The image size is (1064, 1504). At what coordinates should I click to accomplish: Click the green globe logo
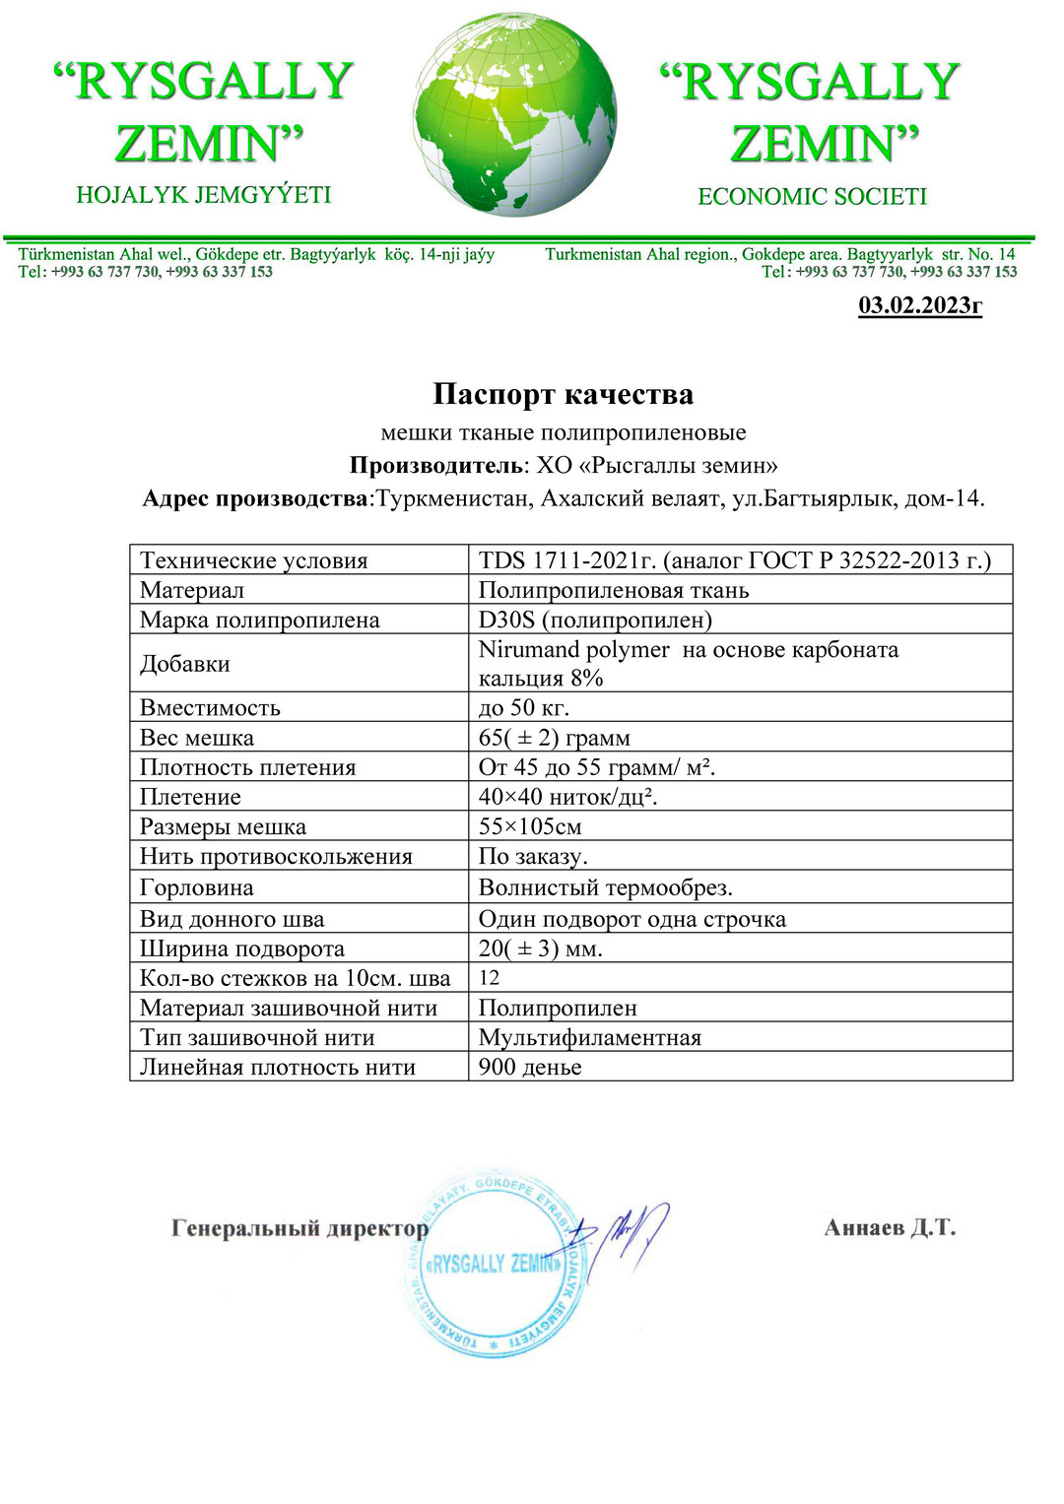[x=515, y=115]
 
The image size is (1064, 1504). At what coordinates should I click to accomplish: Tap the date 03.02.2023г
[x=920, y=305]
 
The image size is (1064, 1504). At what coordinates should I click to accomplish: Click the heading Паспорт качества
[x=563, y=395]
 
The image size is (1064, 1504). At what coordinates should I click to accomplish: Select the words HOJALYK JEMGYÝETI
[x=204, y=195]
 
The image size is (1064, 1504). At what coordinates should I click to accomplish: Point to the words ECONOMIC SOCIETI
[x=813, y=197]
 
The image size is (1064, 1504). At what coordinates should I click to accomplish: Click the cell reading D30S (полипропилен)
[x=595, y=620]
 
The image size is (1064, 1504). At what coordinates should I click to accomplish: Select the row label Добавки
[x=185, y=664]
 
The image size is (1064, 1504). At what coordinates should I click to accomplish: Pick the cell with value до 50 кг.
[x=524, y=708]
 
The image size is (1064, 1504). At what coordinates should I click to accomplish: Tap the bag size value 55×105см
[x=530, y=826]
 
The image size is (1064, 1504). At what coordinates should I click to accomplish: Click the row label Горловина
[x=197, y=887]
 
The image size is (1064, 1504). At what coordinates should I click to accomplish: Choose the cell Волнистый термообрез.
[x=606, y=887]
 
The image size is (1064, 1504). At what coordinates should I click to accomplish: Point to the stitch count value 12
[x=490, y=978]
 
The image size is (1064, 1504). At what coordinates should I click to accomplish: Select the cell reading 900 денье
[x=530, y=1067]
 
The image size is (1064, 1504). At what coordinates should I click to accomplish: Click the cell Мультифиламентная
[x=590, y=1037]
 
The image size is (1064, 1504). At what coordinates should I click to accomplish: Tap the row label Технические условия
[x=254, y=560]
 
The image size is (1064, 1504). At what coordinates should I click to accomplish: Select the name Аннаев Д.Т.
[x=890, y=1227]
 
